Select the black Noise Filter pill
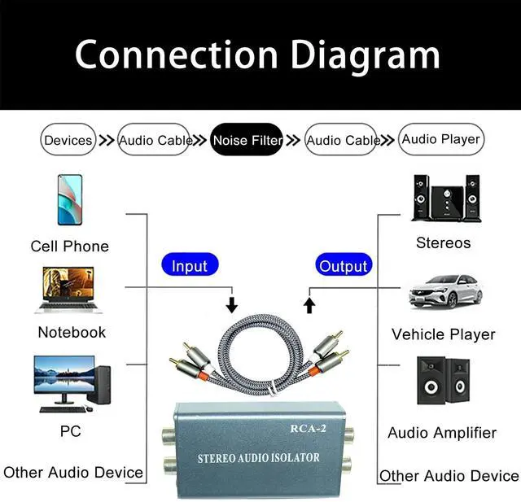point(247,140)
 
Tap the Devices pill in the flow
point(68,140)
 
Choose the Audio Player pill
point(441,139)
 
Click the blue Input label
point(190,265)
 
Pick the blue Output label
point(344,265)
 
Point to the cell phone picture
point(69,200)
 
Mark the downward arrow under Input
point(232,304)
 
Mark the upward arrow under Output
point(309,304)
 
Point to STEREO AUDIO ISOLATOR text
point(259,458)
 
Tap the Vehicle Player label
point(443,334)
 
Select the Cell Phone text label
point(69,246)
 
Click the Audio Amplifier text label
point(441,433)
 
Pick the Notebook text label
point(72,332)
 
